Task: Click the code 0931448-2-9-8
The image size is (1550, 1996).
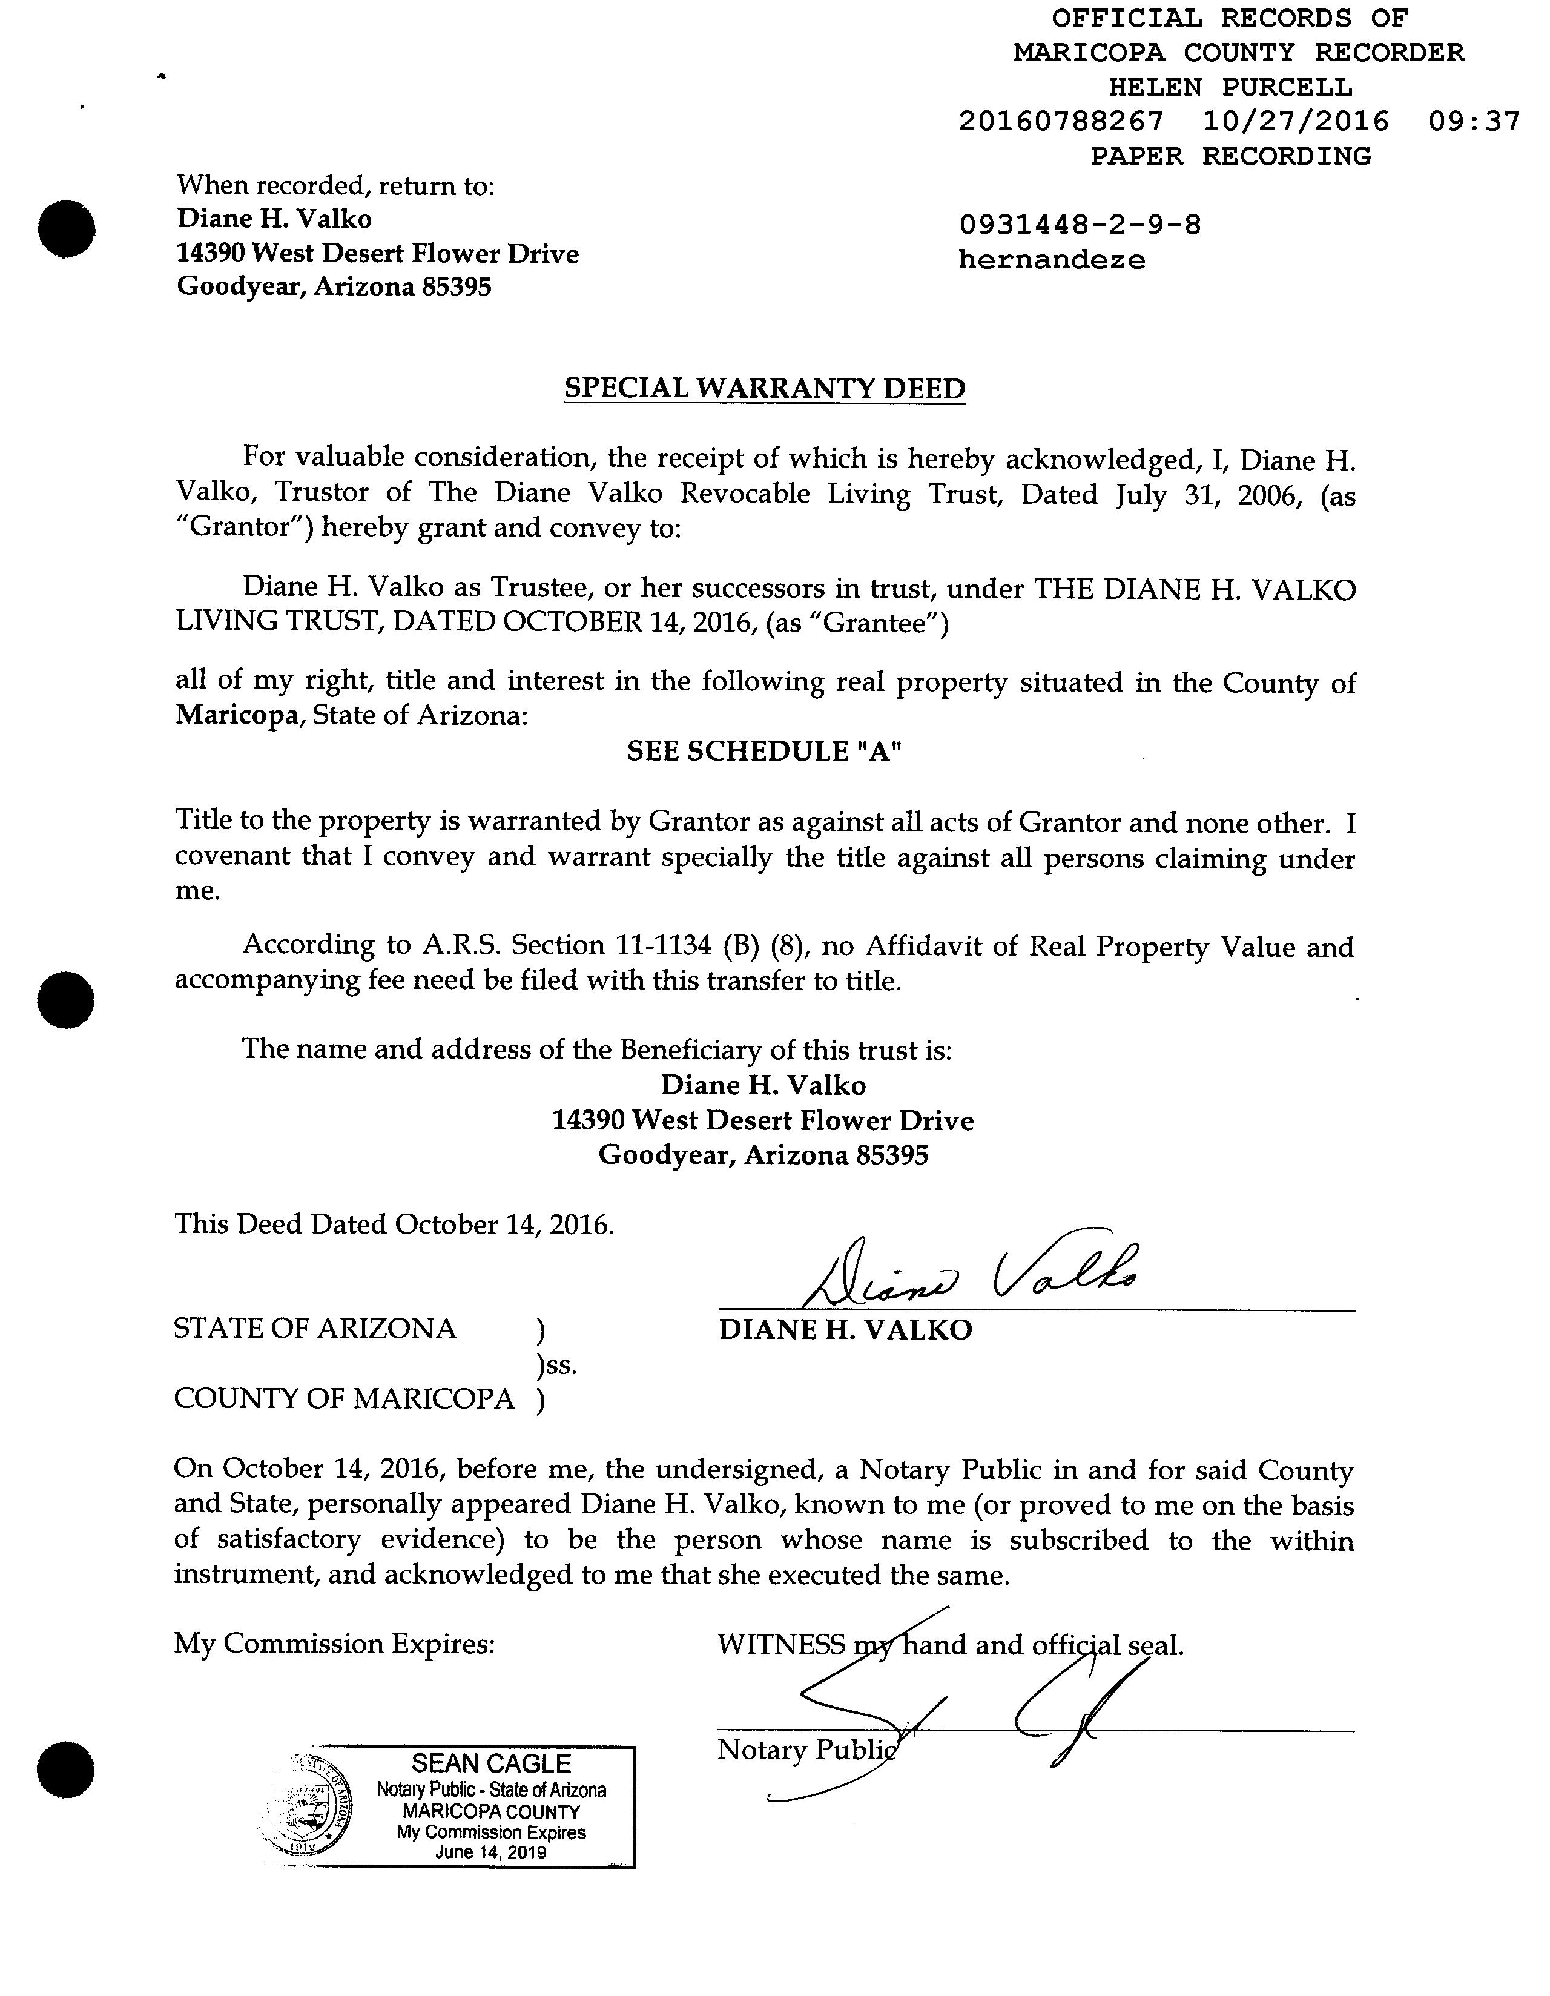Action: tap(1080, 224)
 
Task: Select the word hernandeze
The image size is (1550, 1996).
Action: tap(1051, 260)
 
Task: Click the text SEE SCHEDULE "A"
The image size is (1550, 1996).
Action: tap(764, 752)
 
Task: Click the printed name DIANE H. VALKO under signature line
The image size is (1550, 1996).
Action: tap(845, 1330)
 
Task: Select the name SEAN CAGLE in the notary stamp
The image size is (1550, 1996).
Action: tap(491, 1764)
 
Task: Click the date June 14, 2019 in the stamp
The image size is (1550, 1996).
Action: tap(491, 1852)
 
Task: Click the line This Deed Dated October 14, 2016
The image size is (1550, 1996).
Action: tap(394, 1224)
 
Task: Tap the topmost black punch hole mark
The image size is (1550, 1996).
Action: tap(67, 228)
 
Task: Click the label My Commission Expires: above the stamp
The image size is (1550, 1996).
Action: tap(334, 1644)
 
